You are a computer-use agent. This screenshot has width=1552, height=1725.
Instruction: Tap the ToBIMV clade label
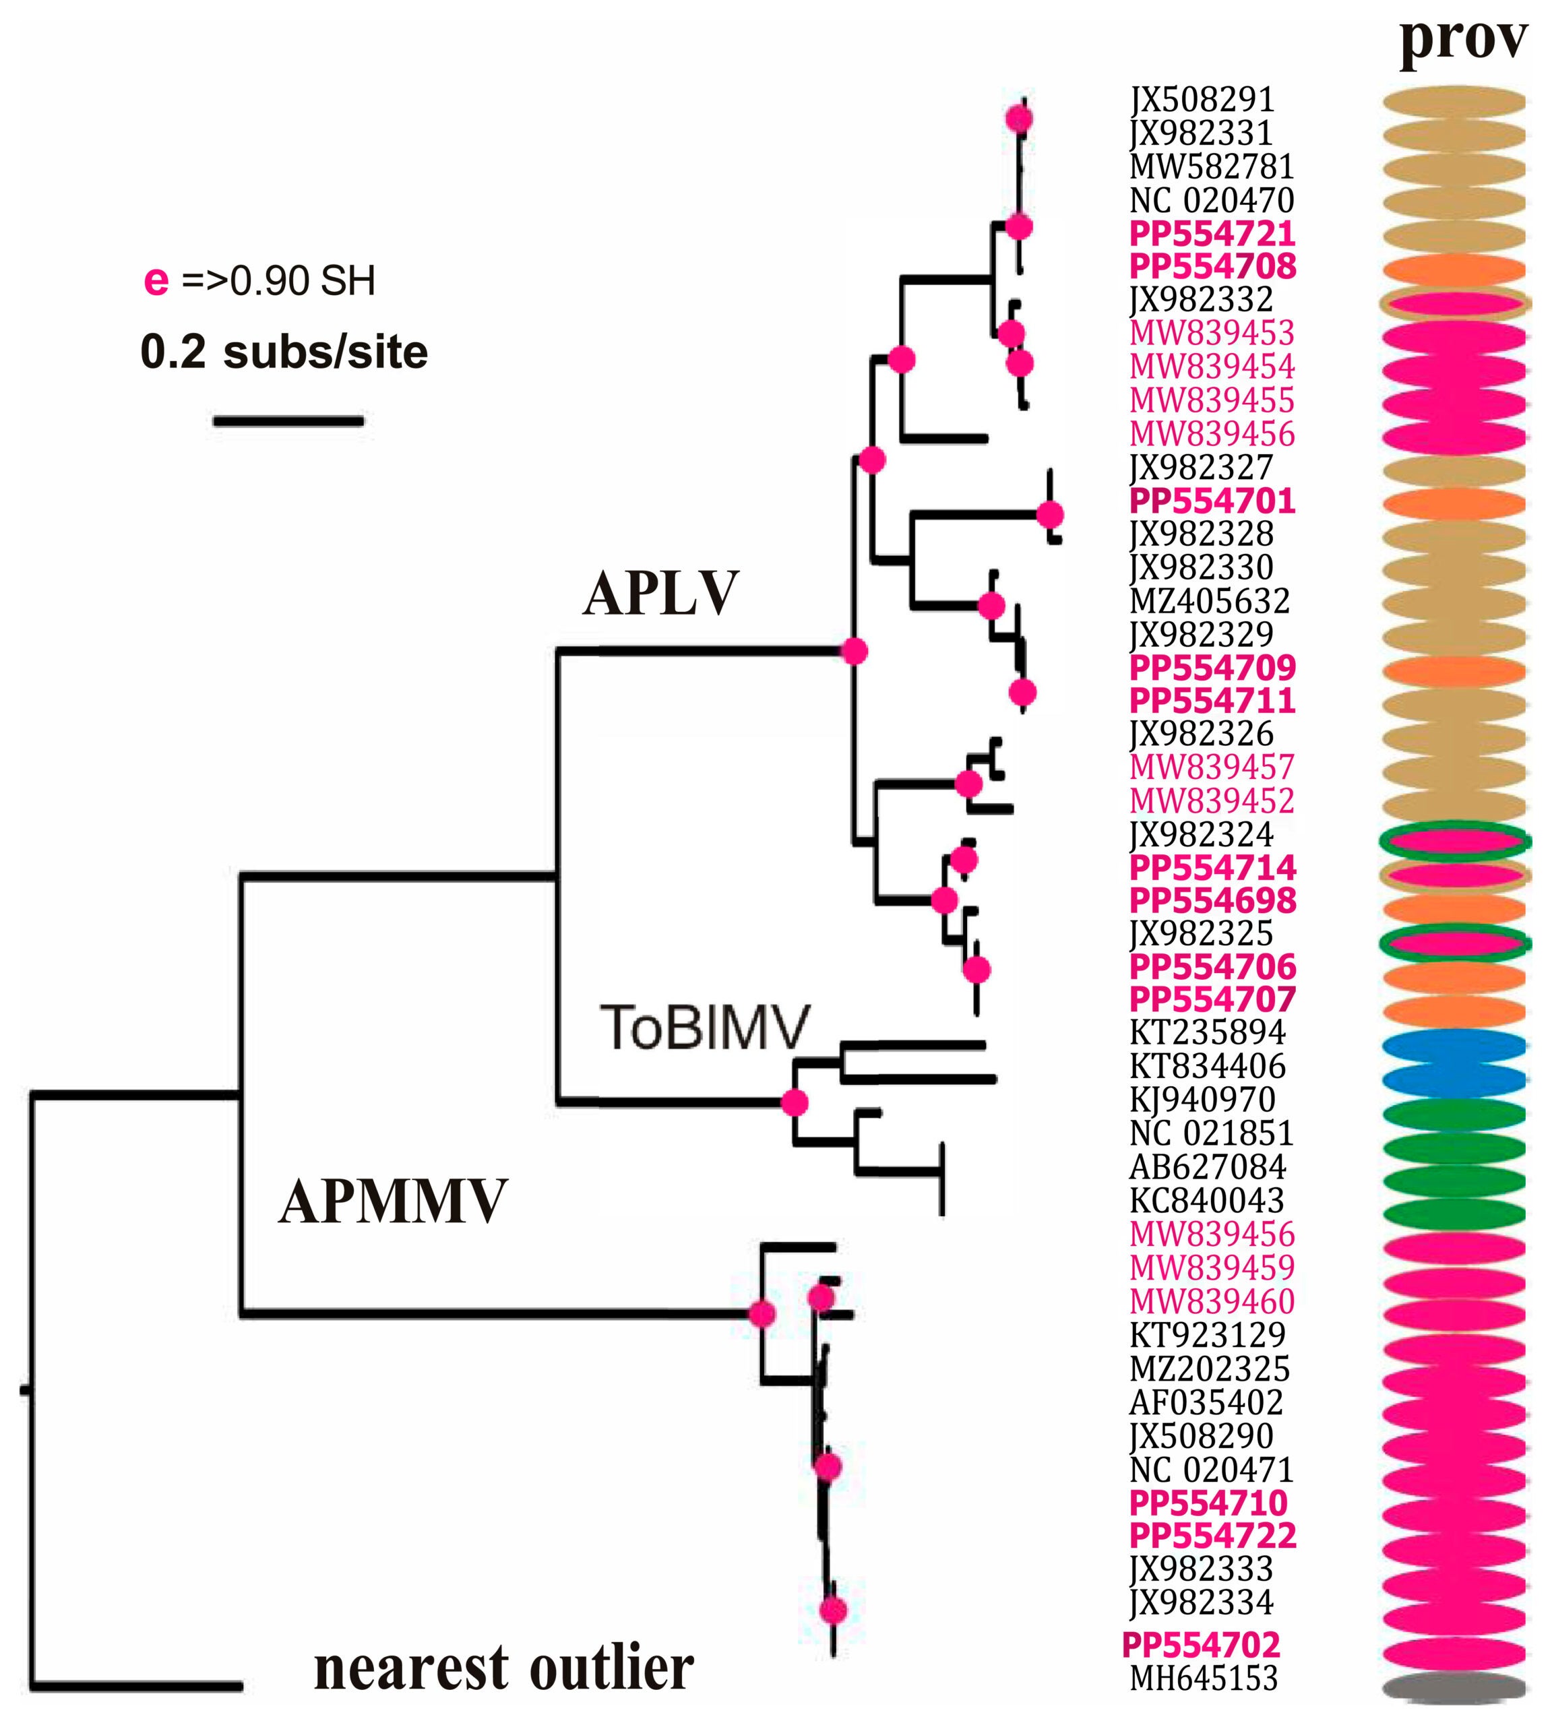[x=704, y=1027]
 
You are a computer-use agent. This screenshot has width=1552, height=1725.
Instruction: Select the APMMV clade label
[x=393, y=1201]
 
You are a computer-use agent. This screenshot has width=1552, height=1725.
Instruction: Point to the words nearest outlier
[x=503, y=1668]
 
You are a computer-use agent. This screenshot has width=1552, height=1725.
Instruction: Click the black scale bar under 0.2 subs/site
[x=288, y=420]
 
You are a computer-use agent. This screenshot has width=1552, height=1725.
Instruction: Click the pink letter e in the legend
[x=156, y=280]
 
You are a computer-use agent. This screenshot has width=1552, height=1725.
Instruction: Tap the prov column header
[x=1462, y=38]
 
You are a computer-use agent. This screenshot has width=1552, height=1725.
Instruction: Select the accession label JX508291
[x=1202, y=100]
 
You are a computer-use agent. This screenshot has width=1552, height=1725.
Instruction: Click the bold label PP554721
[x=1212, y=232]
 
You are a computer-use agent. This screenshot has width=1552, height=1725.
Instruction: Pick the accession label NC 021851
[x=1211, y=1133]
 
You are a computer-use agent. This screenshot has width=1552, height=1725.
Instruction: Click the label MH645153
[x=1203, y=1678]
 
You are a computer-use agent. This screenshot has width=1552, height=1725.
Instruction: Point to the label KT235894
[x=1207, y=1032]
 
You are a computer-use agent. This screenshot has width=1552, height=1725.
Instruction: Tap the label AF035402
[x=1206, y=1402]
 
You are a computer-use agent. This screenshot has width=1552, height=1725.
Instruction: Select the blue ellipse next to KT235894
[x=1453, y=1045]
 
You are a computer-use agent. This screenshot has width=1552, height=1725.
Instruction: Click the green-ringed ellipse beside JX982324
[x=1453, y=840]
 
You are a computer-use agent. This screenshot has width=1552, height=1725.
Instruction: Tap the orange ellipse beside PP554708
[x=1453, y=270]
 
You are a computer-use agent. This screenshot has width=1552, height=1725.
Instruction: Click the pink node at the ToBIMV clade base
[x=794, y=1102]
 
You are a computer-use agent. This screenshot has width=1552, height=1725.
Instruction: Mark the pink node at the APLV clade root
[x=854, y=652]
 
